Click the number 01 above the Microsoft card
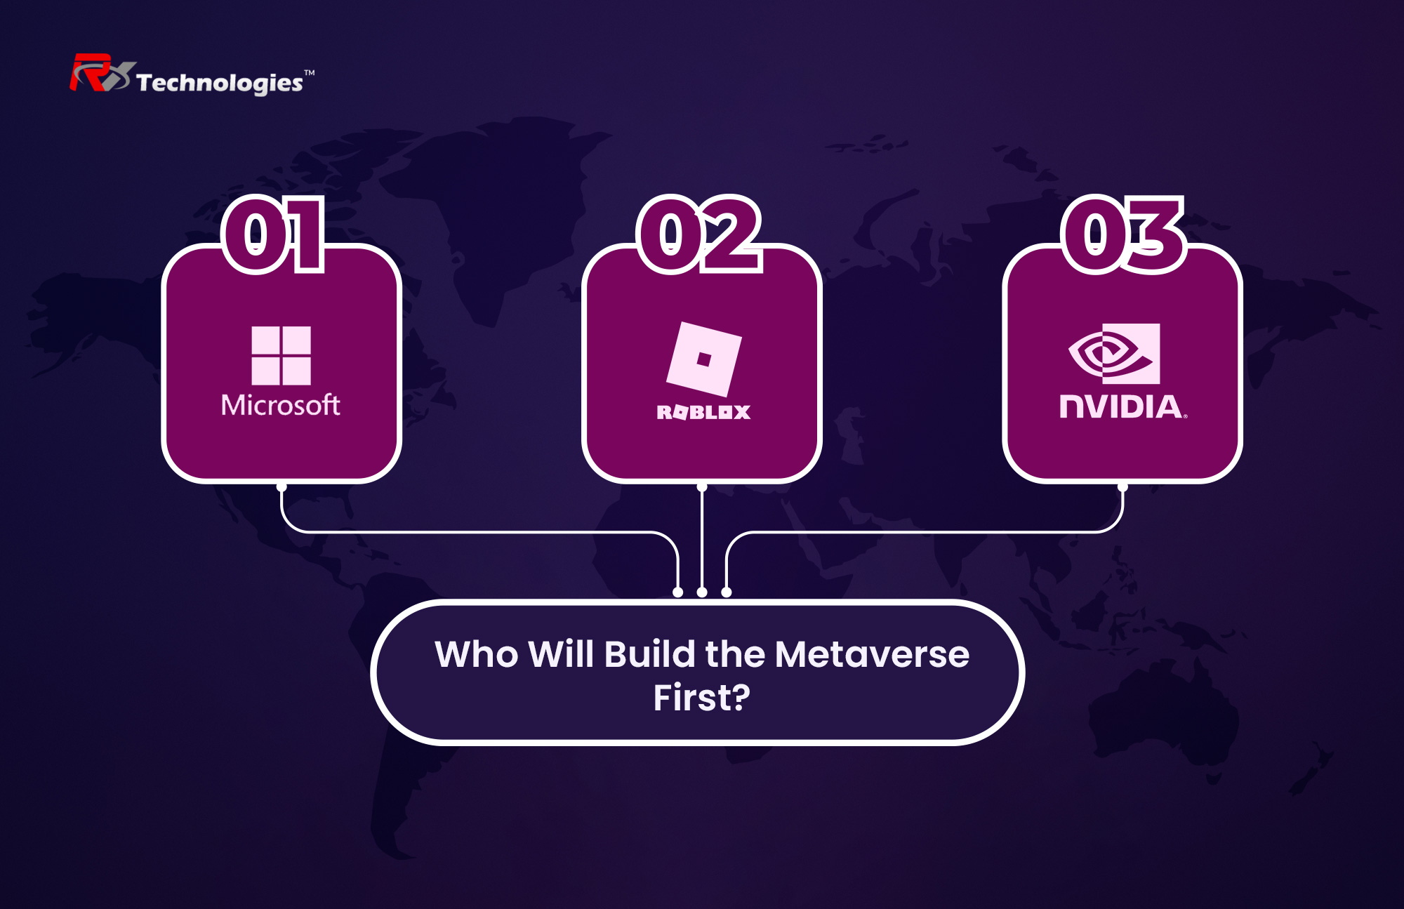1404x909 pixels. pyautogui.click(x=273, y=234)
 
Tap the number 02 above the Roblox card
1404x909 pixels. pyautogui.click(x=700, y=234)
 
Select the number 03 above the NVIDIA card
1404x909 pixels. pyautogui.click(x=1124, y=234)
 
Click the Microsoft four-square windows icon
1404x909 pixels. pyautogui.click(x=281, y=355)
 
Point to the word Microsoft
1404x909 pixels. pyautogui.click(x=281, y=405)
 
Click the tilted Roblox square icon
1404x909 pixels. pyautogui.click(x=703, y=359)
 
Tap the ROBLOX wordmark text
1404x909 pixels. pyautogui.click(x=703, y=412)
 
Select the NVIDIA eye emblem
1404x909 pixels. pyautogui.click(x=1114, y=354)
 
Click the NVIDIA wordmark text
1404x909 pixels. pyautogui.click(x=1122, y=406)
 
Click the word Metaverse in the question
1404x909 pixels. pyautogui.click(x=873, y=654)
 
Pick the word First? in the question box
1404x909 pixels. pyautogui.click(x=702, y=698)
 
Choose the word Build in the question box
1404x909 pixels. pyautogui.click(x=650, y=654)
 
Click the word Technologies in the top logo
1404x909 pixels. pyautogui.click(x=220, y=84)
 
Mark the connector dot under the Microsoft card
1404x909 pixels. pyautogui.click(x=282, y=486)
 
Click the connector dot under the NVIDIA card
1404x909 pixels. pyautogui.click(x=1122, y=486)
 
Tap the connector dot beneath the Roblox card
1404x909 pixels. pyautogui.click(x=702, y=486)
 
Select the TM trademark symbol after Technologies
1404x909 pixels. pyautogui.click(x=310, y=72)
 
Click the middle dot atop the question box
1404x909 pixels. pyautogui.click(x=702, y=592)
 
